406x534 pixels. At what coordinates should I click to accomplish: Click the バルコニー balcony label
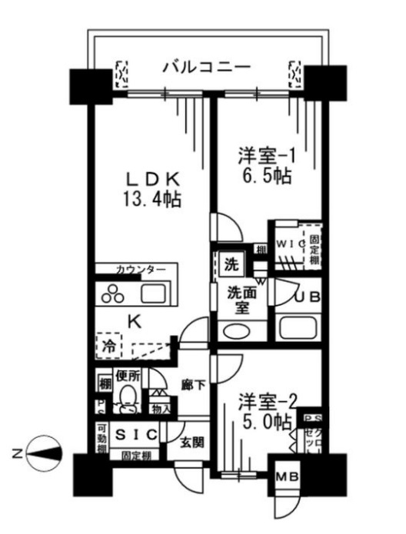[206, 68]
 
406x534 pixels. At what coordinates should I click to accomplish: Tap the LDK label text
[153, 179]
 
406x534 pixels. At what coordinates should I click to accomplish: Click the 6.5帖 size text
[264, 176]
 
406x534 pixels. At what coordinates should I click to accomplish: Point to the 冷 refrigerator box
[108, 347]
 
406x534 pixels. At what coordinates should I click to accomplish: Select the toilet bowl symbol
[128, 397]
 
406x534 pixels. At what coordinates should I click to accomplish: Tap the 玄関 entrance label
[192, 443]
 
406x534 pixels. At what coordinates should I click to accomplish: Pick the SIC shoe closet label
[137, 435]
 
